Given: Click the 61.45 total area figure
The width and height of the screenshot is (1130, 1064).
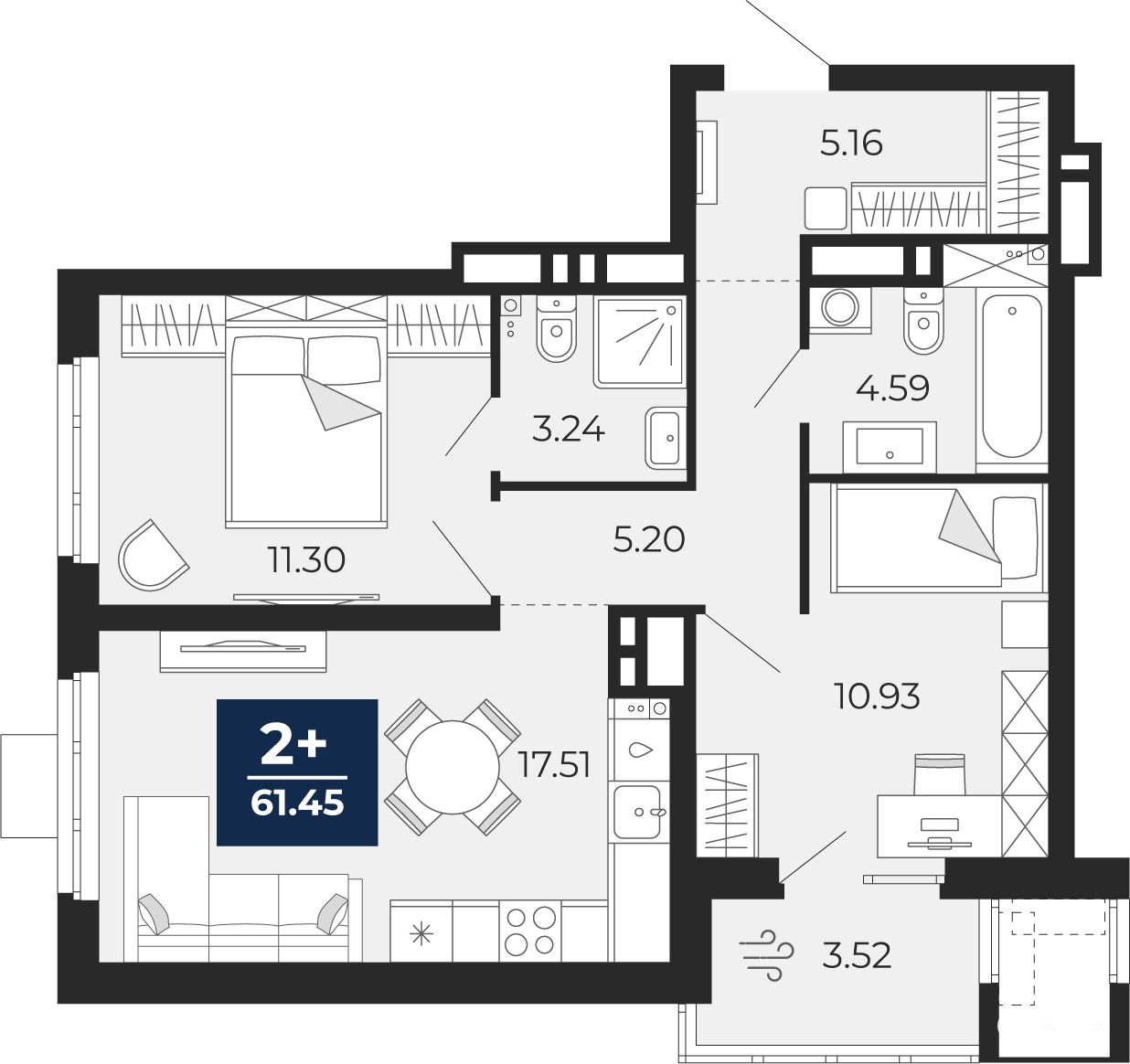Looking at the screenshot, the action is click(x=297, y=803).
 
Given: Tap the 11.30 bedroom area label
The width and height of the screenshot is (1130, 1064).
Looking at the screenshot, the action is click(x=306, y=560).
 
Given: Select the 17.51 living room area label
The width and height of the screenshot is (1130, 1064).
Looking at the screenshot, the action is click(x=555, y=766).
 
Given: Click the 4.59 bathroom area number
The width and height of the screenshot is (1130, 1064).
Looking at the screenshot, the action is click(x=892, y=388).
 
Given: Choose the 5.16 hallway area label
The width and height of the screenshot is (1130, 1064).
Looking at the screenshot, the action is click(x=851, y=144).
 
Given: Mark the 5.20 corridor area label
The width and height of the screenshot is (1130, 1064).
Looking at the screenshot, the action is click(x=649, y=540).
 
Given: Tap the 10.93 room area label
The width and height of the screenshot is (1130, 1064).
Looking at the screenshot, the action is click(x=877, y=697).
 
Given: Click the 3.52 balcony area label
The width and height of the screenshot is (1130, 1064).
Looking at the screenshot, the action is click(x=857, y=955).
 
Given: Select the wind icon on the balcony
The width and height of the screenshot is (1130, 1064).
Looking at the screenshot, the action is click(x=766, y=956).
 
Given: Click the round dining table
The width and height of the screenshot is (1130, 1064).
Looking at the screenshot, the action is click(x=453, y=768).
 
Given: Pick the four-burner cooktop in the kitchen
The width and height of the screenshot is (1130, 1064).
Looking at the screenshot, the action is click(x=529, y=931).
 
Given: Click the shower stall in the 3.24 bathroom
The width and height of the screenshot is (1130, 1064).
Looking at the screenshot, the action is click(x=640, y=341).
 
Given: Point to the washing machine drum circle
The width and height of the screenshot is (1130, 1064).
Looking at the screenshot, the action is click(x=840, y=308).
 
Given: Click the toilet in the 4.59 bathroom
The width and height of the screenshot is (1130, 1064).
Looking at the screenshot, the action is click(x=923, y=324).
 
